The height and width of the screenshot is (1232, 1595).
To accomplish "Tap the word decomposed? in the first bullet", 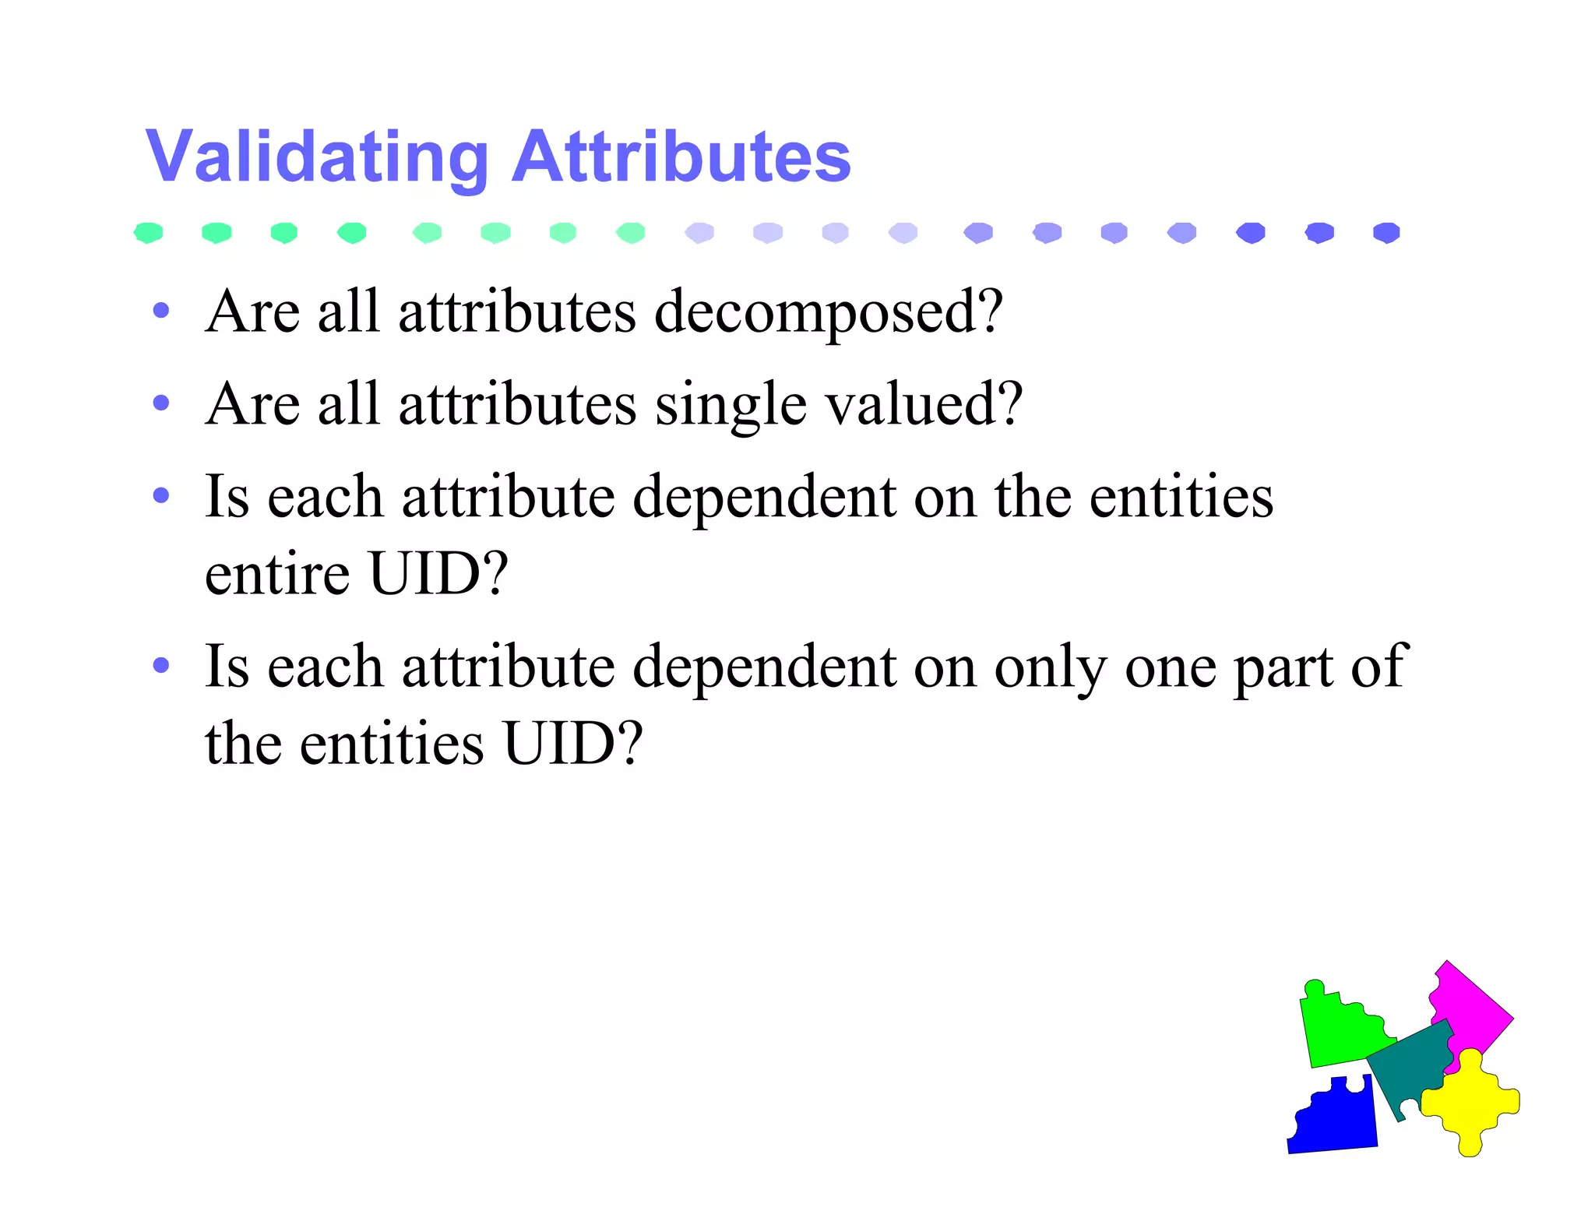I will tap(828, 313).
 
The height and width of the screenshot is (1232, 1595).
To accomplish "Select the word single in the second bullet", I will tap(730, 406).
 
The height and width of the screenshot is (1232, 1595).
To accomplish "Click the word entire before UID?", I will tap(276, 574).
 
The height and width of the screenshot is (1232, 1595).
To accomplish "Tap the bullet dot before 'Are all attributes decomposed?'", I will tap(161, 311).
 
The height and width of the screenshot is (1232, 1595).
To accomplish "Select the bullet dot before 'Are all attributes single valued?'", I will tap(161, 403).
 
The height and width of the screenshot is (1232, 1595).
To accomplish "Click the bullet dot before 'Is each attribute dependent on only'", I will tap(161, 666).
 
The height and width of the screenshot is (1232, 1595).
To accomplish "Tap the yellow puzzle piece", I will tap(1470, 1101).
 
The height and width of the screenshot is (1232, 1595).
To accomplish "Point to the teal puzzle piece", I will tap(1410, 1067).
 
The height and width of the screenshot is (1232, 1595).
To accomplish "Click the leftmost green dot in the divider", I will tap(148, 232).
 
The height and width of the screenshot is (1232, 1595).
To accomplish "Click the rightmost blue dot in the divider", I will tap(1386, 232).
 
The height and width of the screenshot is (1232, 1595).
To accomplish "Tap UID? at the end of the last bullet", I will tap(572, 744).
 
